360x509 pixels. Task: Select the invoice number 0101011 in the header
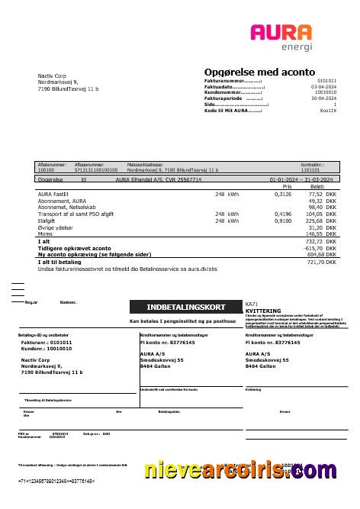(326, 79)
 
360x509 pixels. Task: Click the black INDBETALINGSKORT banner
(180, 307)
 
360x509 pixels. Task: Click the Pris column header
(288, 186)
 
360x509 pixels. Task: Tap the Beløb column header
(317, 186)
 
